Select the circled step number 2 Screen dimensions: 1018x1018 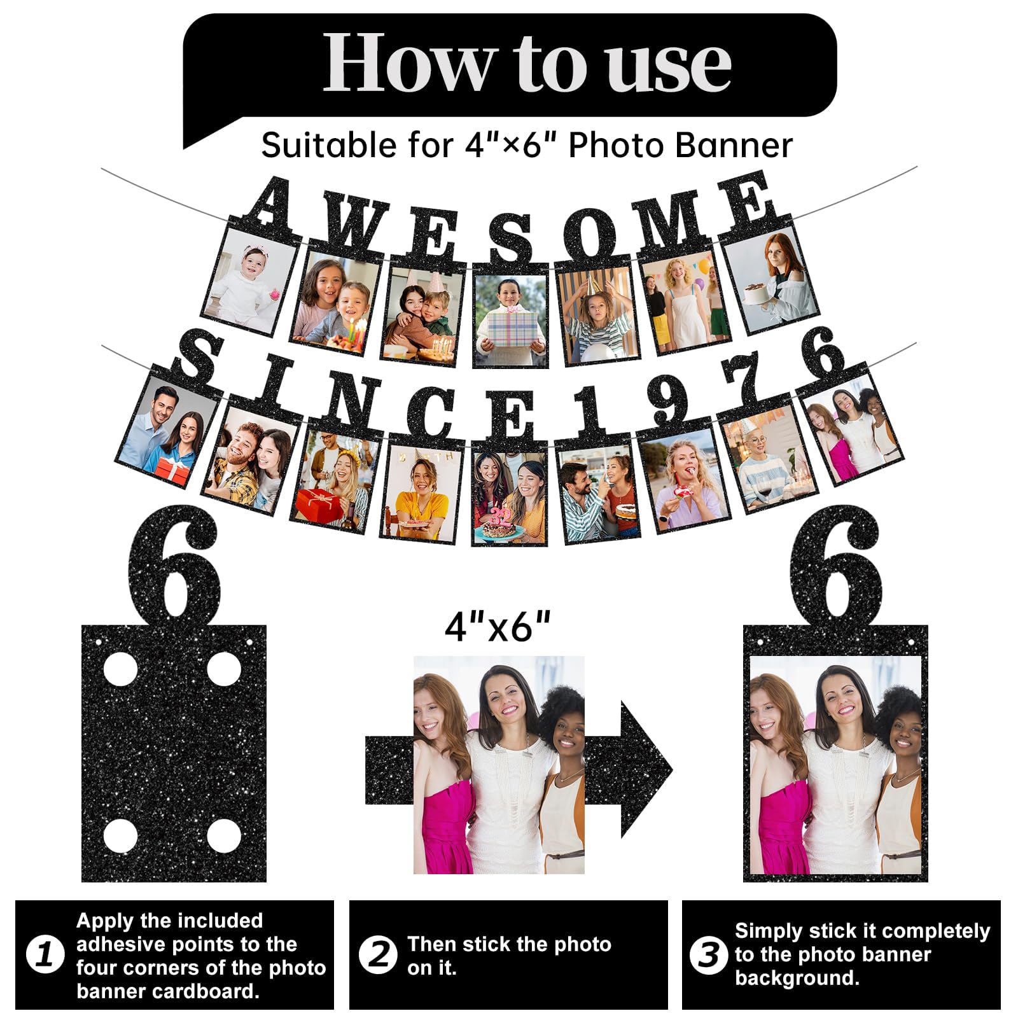379,955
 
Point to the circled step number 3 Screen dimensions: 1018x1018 708,955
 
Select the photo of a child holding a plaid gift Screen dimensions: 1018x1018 510,318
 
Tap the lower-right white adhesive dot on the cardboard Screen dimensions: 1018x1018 224,836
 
